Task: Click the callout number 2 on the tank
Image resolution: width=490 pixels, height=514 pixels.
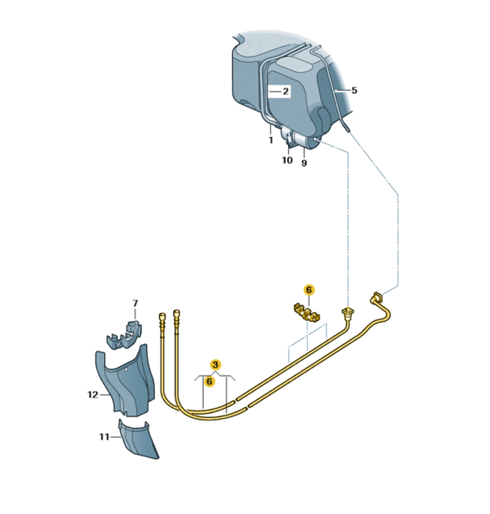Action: pos(286,91)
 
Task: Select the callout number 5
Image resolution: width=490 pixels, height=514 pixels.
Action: pos(354,90)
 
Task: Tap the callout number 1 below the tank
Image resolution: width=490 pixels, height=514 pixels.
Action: pos(271,140)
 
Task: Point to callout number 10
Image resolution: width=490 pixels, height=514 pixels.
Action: pos(287,160)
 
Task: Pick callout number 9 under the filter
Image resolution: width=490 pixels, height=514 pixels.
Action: pos(305,163)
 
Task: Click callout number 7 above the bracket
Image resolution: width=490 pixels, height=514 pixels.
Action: pos(135,304)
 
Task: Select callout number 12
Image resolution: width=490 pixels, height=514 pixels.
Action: pos(93,395)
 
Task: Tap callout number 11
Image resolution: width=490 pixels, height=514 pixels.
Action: pos(104,437)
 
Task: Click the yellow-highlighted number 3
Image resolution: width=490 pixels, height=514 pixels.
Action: pos(215,365)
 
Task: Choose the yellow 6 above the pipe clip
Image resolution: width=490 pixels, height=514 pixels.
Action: pos(309,290)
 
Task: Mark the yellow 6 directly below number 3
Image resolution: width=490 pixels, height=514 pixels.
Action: pos(209,381)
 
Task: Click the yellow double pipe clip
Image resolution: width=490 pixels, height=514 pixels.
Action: pos(307,312)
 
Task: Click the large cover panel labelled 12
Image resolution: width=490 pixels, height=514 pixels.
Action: pos(126,382)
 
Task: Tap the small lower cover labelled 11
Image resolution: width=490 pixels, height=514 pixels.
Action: pos(137,439)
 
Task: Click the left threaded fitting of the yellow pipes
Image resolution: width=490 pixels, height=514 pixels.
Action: pos(162,322)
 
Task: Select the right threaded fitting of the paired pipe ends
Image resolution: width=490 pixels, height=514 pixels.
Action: pos(176,319)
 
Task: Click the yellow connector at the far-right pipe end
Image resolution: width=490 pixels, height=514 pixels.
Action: pos(376,297)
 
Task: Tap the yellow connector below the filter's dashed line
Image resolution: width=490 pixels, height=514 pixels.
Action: pos(346,312)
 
